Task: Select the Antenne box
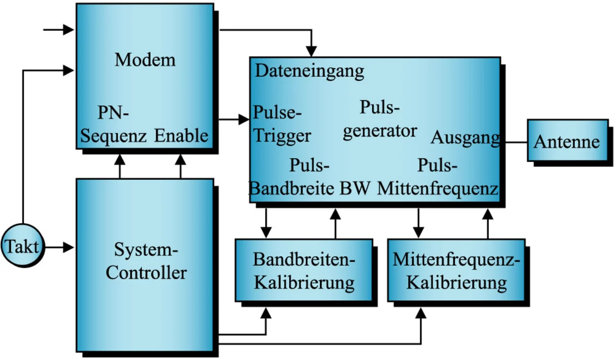click(567, 141)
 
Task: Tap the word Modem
click(145, 60)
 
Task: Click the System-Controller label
click(146, 261)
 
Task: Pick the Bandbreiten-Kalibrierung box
click(304, 270)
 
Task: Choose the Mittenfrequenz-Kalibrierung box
click(456, 270)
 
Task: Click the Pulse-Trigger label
click(282, 125)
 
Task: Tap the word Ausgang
click(465, 138)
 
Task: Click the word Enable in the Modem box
click(181, 136)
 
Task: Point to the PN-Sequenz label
click(114, 126)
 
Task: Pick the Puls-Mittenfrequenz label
click(437, 177)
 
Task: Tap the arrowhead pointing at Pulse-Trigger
click(244, 119)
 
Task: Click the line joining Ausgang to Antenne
click(514, 142)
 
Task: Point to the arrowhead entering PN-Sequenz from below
click(119, 159)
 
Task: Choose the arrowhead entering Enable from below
click(181, 159)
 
